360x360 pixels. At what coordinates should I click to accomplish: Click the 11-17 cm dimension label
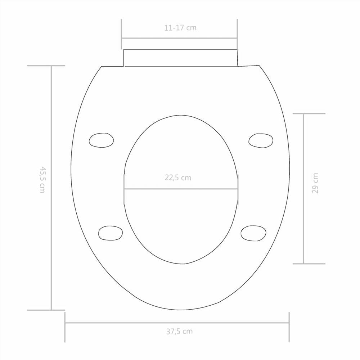coord(180,28)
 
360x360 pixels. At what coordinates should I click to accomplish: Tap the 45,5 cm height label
coord(42,179)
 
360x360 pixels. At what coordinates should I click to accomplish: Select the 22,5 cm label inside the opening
coord(178,177)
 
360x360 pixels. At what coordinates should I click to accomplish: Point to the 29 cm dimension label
coord(315,183)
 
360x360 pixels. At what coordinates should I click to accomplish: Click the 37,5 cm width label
coord(179,332)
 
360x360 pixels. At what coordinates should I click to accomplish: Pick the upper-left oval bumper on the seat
coord(101,140)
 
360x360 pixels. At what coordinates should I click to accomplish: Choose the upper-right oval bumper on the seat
coord(261,140)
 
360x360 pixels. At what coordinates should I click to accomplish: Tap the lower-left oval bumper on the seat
coord(110,233)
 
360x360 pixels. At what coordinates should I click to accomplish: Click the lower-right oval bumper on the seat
coord(253,233)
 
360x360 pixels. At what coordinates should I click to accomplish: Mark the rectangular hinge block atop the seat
coord(180,58)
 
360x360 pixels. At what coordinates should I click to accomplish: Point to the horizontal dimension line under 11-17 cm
coord(179,38)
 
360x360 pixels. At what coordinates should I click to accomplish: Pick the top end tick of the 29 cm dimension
coord(309,114)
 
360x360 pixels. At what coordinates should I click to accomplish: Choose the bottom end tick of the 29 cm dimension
coord(309,264)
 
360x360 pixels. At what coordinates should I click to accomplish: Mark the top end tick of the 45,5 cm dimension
coord(46,66)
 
